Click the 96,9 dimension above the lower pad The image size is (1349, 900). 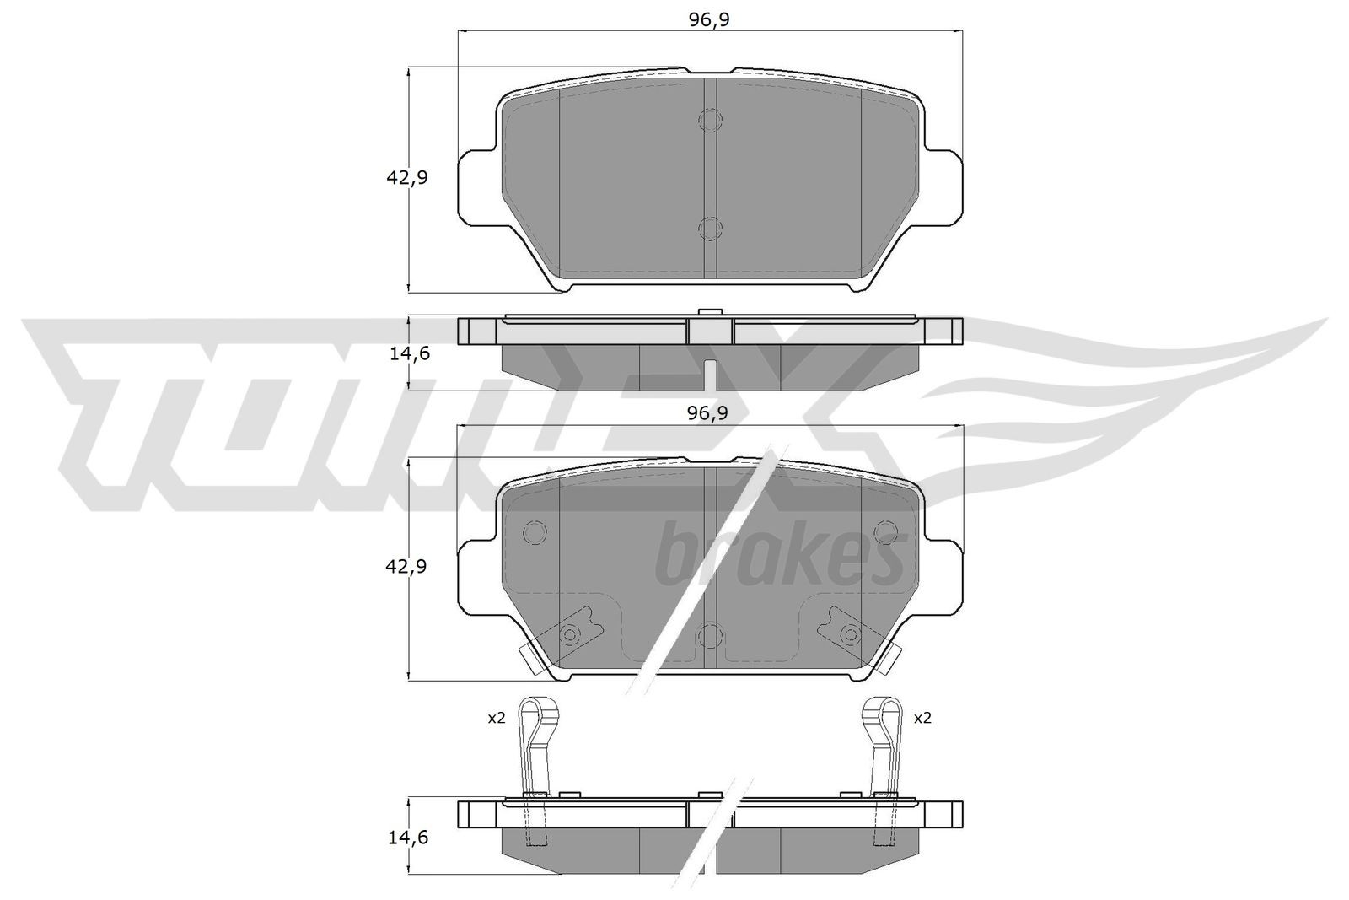tap(708, 413)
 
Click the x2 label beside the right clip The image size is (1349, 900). tap(922, 718)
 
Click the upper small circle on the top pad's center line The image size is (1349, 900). tap(710, 121)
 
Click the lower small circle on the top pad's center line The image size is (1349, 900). tap(710, 228)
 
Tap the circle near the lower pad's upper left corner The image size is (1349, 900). tap(535, 532)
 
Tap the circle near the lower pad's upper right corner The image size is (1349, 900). tap(885, 532)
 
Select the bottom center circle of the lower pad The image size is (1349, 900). tap(710, 634)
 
